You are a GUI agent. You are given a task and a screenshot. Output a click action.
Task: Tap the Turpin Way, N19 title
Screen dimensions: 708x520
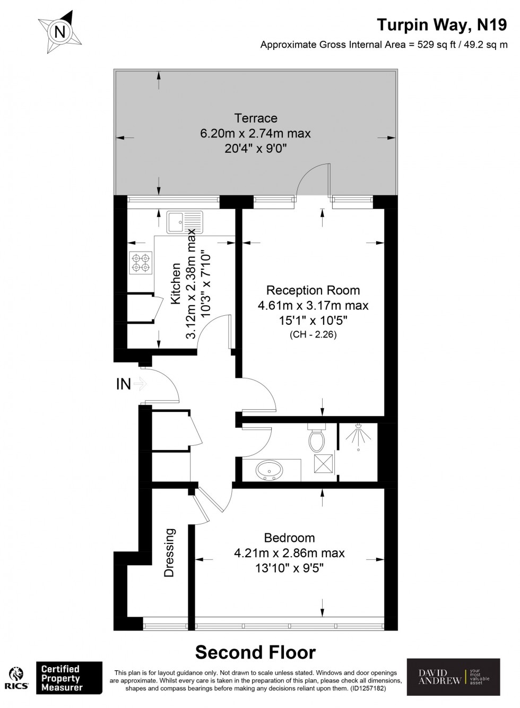(441, 24)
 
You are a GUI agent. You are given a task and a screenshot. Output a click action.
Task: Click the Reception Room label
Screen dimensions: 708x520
(313, 290)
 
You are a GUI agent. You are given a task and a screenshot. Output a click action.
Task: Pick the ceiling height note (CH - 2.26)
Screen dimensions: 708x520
(313, 334)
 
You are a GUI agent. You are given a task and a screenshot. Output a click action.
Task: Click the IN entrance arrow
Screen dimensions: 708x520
(140, 383)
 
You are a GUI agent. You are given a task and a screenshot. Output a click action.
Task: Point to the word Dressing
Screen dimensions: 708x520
(169, 552)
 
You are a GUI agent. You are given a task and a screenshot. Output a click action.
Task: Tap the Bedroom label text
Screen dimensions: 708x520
(289, 538)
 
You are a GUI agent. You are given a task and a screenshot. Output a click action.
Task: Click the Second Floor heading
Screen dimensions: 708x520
(255, 652)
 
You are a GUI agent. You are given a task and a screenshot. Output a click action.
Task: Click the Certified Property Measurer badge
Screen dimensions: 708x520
(68, 678)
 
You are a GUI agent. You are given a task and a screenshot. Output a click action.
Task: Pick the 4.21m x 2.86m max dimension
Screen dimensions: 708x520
(289, 553)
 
